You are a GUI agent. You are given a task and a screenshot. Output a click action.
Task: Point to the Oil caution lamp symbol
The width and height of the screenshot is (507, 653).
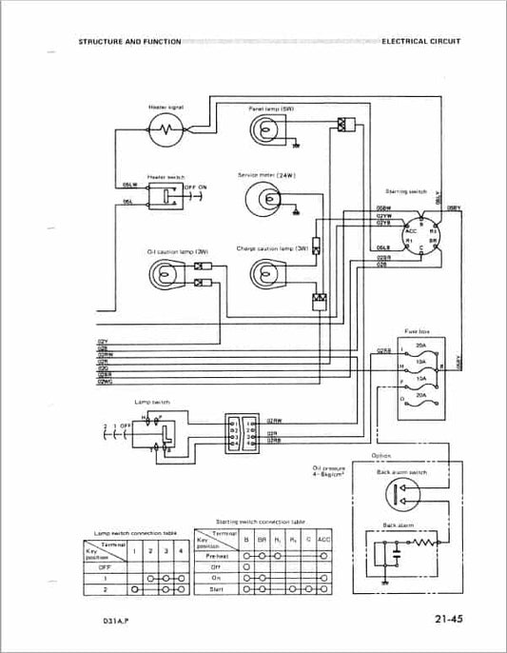point(165,274)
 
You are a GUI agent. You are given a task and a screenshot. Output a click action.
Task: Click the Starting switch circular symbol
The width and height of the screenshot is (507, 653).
point(419,229)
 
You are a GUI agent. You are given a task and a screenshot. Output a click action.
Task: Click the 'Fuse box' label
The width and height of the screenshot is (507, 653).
point(419,330)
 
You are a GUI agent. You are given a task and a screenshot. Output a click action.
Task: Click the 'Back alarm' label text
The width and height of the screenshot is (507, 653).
point(396,525)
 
